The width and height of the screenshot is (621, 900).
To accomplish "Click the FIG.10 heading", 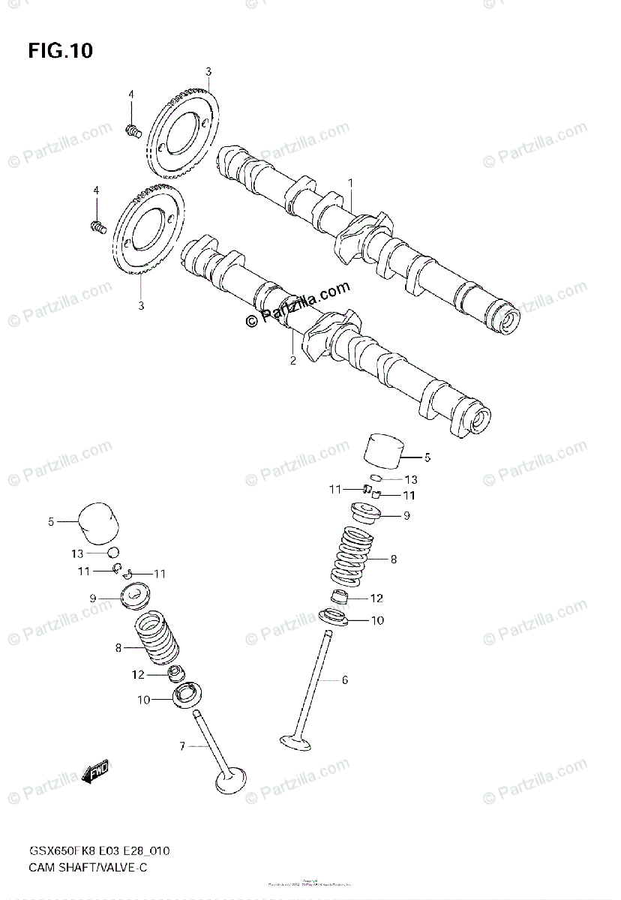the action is [x=61, y=50].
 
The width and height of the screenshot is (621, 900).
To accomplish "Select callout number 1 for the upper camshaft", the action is [x=350, y=182].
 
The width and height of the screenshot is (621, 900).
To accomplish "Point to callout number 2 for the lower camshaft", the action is [x=293, y=360].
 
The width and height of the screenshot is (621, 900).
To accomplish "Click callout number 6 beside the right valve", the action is [x=344, y=680].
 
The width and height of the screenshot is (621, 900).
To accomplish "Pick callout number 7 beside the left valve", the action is [x=181, y=746].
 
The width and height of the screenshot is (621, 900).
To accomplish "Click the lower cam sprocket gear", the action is [x=148, y=232].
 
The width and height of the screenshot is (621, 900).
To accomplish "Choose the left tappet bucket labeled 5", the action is [x=100, y=521].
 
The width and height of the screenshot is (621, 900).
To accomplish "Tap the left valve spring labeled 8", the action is [x=160, y=640].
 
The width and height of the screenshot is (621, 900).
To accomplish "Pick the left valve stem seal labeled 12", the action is [x=176, y=673].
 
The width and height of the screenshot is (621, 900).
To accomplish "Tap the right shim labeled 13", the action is [x=380, y=478].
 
